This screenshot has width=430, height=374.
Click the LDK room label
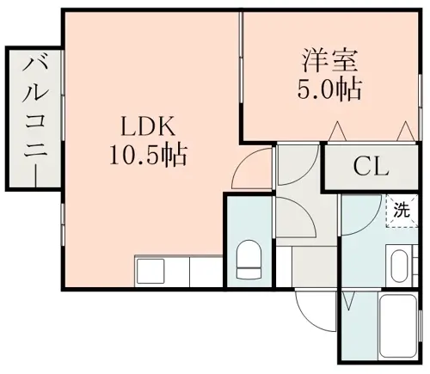[x=148, y=126]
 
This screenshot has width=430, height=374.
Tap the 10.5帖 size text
[x=148, y=155]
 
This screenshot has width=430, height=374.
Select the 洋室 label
[x=329, y=61]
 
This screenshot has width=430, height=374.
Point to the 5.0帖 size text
[x=329, y=89]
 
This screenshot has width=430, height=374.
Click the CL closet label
[x=371, y=167]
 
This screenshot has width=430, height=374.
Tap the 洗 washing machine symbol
[x=402, y=211]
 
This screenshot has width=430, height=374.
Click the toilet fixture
[x=249, y=260]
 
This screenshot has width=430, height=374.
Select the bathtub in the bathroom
[x=398, y=325]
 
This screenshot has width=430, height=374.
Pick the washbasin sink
[x=400, y=266]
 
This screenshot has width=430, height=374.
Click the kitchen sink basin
[x=150, y=271]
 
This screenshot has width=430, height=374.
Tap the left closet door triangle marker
[x=337, y=132]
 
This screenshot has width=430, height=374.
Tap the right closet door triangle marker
[x=405, y=132]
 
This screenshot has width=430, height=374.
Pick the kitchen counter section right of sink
[x=206, y=271]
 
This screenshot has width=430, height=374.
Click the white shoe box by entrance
[x=284, y=267]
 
